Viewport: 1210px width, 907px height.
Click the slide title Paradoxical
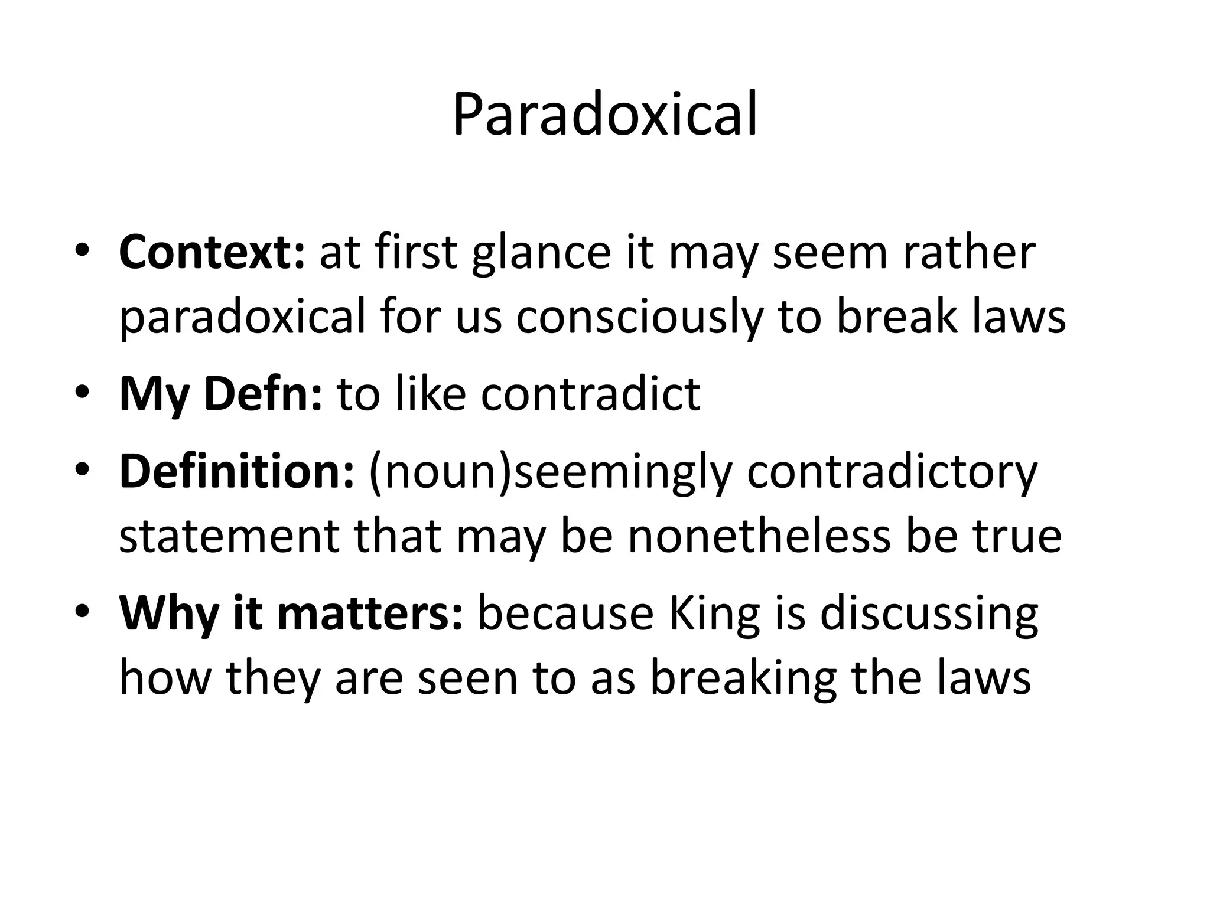pyautogui.click(x=604, y=115)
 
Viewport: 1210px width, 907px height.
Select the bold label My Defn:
pyautogui.click(x=221, y=394)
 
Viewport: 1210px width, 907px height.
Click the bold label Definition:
pyautogui.click(x=236, y=472)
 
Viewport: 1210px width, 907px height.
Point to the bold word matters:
pyautogui.click(x=370, y=614)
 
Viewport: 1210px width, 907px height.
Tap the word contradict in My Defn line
pyautogui.click(x=590, y=394)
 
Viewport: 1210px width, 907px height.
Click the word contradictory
pyautogui.click(x=892, y=473)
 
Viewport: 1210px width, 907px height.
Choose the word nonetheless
pyautogui.click(x=759, y=537)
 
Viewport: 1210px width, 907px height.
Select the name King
pyautogui.click(x=714, y=615)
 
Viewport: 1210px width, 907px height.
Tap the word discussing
pyautogui.click(x=929, y=615)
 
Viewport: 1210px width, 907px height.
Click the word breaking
pyautogui.click(x=743, y=679)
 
